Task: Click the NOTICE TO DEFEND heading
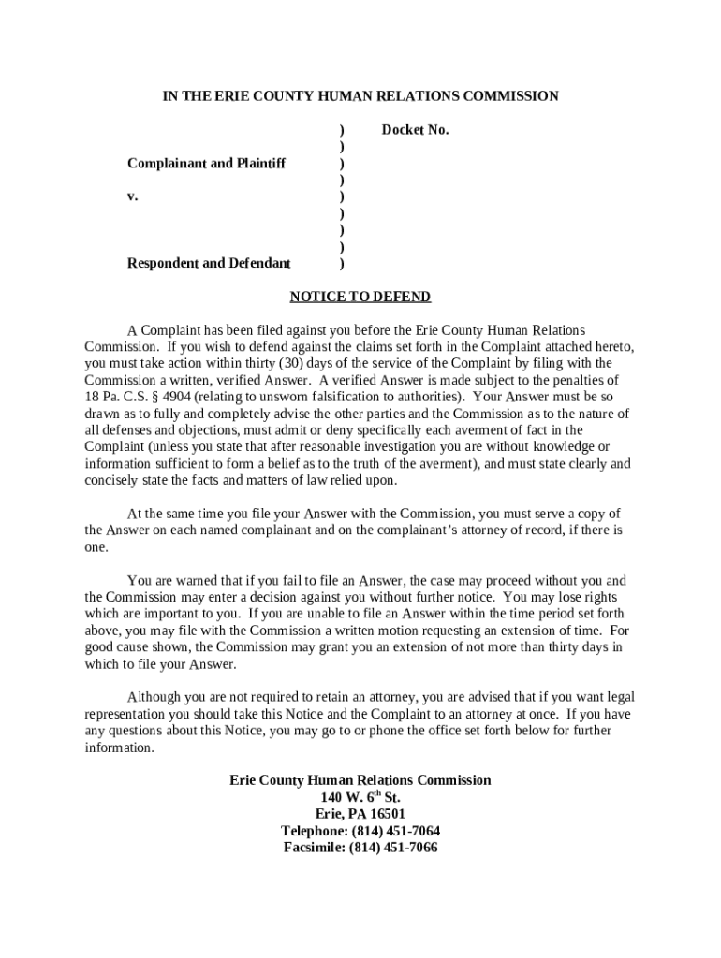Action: (360, 297)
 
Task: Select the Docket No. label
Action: (415, 130)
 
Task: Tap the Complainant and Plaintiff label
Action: (206, 164)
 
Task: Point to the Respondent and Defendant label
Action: (209, 263)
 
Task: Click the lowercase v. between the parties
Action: (133, 196)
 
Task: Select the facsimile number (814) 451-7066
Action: (392, 848)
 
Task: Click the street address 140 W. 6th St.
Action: (360, 798)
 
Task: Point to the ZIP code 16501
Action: (385, 814)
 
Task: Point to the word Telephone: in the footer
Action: (314, 831)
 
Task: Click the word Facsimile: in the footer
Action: (315, 848)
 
